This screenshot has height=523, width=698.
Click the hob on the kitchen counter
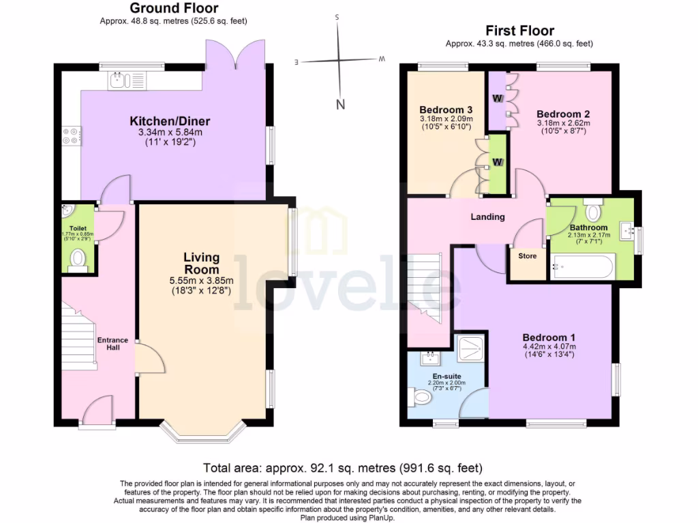(71, 136)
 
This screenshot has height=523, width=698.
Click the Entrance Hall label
(112, 344)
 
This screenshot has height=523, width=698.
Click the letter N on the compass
(340, 104)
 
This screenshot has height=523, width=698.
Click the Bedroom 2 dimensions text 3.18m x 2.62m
(563, 124)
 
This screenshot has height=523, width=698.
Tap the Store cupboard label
(528, 256)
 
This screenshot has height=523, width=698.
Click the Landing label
(488, 217)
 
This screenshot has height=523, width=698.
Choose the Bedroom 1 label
(549, 337)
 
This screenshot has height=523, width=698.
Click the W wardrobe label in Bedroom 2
(498, 98)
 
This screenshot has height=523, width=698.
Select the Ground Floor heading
(174, 8)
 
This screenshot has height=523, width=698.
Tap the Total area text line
(344, 468)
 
